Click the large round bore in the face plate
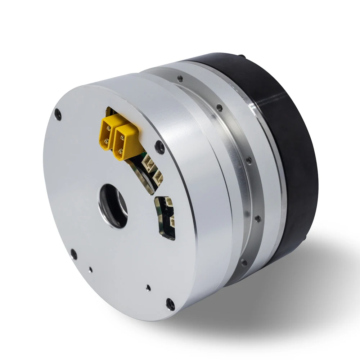(x=114, y=206)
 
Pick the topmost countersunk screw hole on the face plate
(x=58, y=116)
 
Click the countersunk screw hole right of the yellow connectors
(x=159, y=146)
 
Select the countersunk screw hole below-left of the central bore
(x=73, y=254)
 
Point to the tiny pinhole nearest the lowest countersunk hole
(x=148, y=287)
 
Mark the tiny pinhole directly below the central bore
(x=91, y=269)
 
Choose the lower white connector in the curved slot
(x=157, y=177)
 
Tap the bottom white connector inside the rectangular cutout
(x=172, y=221)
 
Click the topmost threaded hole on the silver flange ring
(x=180, y=78)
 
